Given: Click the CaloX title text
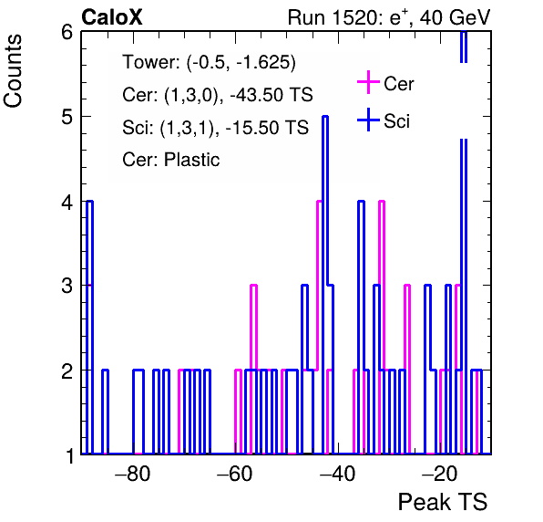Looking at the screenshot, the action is click(112, 17).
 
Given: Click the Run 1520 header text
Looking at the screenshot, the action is click(389, 17).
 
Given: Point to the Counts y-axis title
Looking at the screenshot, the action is click(13, 71).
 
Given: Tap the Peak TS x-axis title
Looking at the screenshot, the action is click(443, 502).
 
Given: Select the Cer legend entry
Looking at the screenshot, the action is click(385, 83).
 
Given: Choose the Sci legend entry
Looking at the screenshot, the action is click(384, 120).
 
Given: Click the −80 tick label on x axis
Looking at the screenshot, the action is click(133, 474).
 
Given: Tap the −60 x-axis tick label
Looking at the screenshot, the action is click(234, 474).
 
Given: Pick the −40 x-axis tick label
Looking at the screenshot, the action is click(337, 474).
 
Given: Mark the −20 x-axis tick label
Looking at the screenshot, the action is click(439, 474).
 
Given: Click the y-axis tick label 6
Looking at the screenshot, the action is click(67, 33).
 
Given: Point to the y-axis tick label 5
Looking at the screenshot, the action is click(67, 117).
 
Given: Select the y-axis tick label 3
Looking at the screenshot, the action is click(67, 286).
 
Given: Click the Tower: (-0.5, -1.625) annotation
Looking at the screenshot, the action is click(210, 62).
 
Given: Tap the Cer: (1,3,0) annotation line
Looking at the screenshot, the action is click(218, 95).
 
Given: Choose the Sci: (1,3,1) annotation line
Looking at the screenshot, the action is click(215, 127).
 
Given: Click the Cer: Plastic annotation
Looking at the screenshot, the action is click(171, 160).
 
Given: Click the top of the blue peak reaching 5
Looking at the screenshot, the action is click(325, 117).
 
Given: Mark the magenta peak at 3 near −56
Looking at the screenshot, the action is click(253, 286).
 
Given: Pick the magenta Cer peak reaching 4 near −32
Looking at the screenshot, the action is click(382, 202).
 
